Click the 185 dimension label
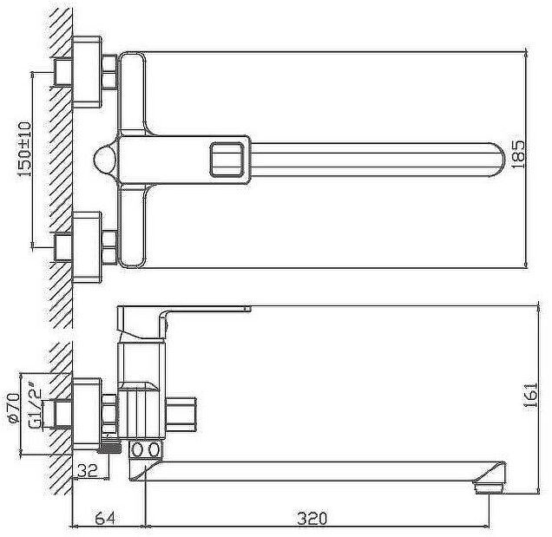pos(518,154)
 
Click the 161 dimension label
pos(530,395)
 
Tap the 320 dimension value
pos(312,519)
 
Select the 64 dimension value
pos(105,519)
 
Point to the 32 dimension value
pos(88,470)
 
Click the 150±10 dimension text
pos(24,149)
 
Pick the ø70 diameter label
pos(13,409)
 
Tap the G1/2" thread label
pos(35,409)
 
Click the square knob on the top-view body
pos(227,159)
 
